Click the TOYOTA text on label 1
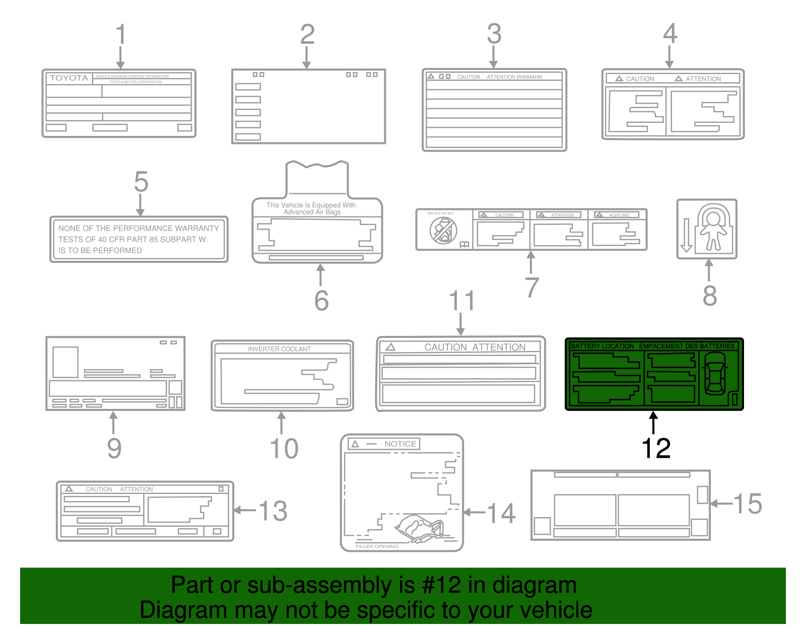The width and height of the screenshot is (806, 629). click(x=69, y=78)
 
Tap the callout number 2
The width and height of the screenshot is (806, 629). click(x=307, y=35)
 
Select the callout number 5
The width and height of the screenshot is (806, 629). click(x=141, y=182)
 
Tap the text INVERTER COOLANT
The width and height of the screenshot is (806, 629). click(x=279, y=348)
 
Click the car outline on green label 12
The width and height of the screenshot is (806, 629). click(x=715, y=374)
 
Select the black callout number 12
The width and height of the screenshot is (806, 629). click(x=656, y=448)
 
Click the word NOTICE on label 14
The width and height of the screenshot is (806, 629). click(x=400, y=444)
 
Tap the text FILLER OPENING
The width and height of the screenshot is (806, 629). click(x=377, y=546)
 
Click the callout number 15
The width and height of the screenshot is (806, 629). click(x=748, y=504)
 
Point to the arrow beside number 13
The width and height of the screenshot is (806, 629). click(x=245, y=510)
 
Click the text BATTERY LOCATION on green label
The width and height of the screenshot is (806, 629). click(x=602, y=346)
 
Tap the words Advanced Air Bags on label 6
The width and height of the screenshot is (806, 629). click(x=312, y=212)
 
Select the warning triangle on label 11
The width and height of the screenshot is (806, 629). click(x=390, y=347)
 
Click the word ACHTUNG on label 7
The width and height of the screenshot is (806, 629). click(x=619, y=215)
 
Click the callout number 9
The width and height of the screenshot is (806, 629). click(x=114, y=448)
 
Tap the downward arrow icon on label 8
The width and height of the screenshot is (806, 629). click(x=686, y=235)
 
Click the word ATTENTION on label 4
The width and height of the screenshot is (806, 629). click(x=703, y=79)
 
